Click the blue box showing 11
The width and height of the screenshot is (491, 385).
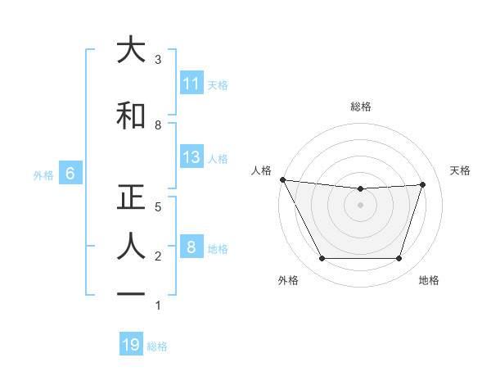pyautogui.click(x=191, y=84)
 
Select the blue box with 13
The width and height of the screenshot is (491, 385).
pyautogui.click(x=191, y=157)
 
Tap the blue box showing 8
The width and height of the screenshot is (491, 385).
pyautogui.click(x=191, y=247)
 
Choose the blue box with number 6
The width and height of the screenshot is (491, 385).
pyautogui.click(x=70, y=174)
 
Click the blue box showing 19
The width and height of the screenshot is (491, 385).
pyautogui.click(x=131, y=345)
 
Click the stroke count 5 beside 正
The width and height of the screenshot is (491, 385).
pyautogui.click(x=158, y=207)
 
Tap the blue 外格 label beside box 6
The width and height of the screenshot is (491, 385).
pyautogui.click(x=43, y=174)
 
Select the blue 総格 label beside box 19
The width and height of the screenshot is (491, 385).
pyautogui.click(x=157, y=346)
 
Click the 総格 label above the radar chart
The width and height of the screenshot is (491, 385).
pyautogui.click(x=361, y=106)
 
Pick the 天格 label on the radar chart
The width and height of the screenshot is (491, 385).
pyautogui.click(x=461, y=170)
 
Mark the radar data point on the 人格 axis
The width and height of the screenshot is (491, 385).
pyautogui.click(x=282, y=179)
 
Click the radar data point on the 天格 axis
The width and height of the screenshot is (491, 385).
pyautogui.click(x=422, y=184)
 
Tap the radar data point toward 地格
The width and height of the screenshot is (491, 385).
pyautogui.click(x=399, y=259)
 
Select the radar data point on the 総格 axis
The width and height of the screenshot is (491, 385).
pyautogui.click(x=361, y=189)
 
